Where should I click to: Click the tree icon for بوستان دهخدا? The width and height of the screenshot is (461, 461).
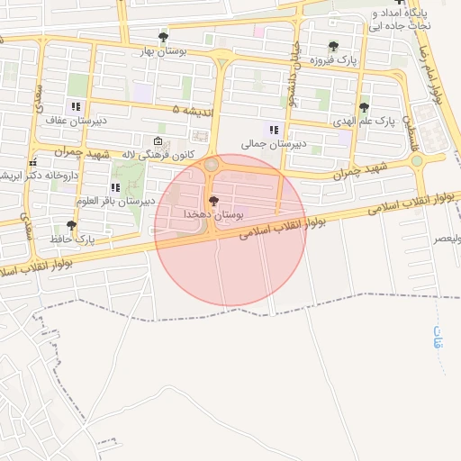point(212,201)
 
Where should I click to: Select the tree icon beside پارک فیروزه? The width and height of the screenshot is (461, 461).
point(333,46)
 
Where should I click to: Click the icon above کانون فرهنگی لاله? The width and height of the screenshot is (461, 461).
point(158,141)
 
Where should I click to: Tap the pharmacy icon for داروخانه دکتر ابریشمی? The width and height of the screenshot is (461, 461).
point(32,162)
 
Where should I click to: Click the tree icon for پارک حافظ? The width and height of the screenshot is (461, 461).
point(71,225)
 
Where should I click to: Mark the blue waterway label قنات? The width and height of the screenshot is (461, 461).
point(438,339)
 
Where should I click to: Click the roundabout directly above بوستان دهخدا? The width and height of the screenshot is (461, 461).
point(211,165)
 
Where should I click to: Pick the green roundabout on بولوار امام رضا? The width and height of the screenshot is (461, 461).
point(417,161)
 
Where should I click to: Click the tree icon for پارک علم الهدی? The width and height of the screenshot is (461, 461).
point(364,107)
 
